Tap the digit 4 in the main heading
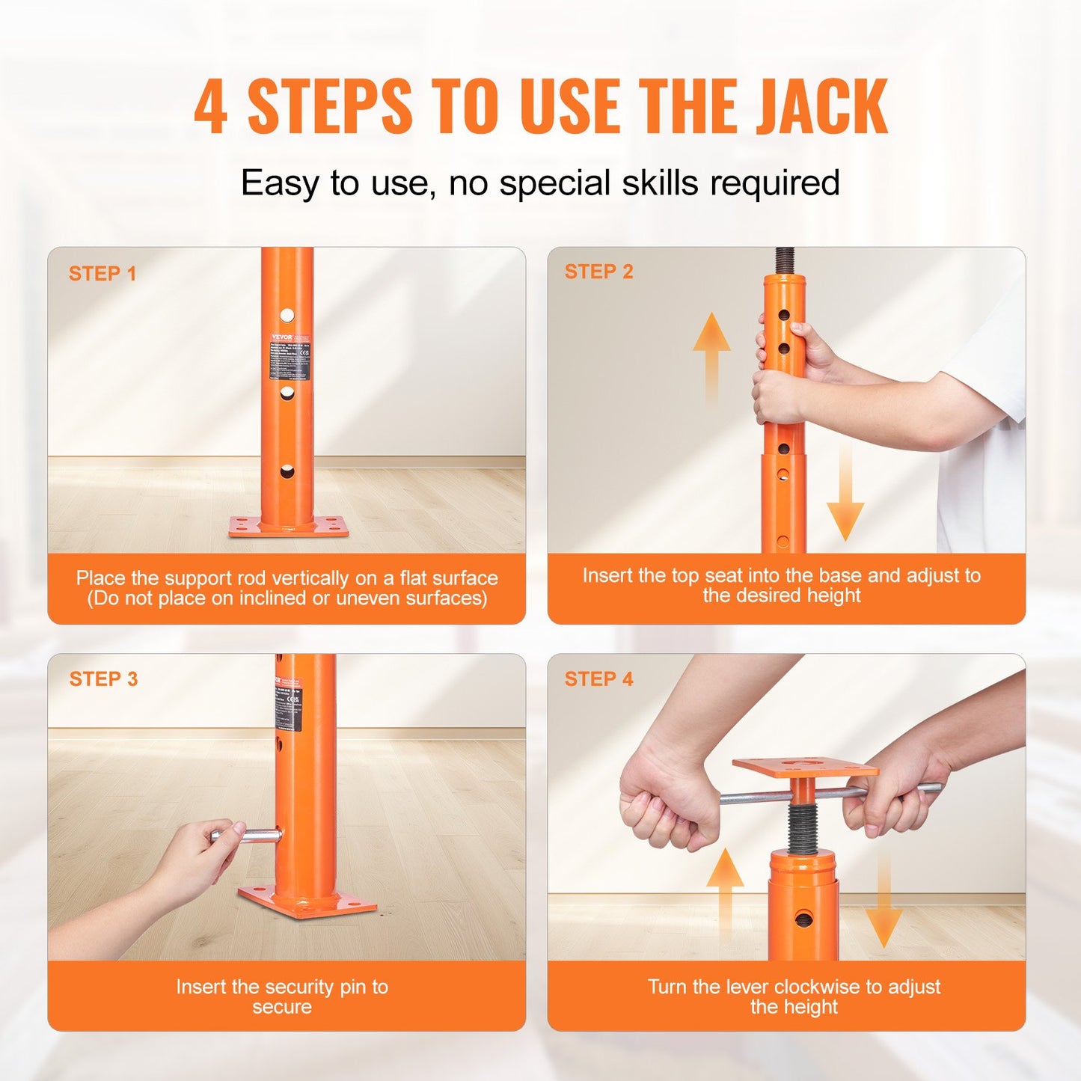click(x=210, y=108)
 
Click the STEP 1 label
click(x=102, y=274)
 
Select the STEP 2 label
click(x=598, y=272)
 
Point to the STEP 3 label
click(x=103, y=679)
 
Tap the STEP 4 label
click(x=598, y=679)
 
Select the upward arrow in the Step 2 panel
click(x=711, y=352)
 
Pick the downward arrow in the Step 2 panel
click(x=845, y=494)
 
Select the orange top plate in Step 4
click(x=805, y=768)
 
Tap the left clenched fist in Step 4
click(x=662, y=808)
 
